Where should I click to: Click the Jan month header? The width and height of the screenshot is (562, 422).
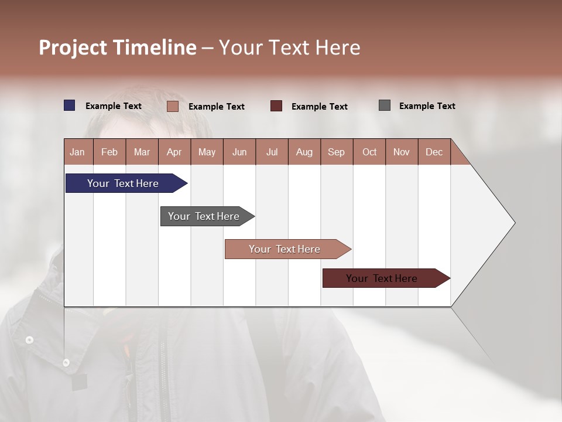(x=78, y=152)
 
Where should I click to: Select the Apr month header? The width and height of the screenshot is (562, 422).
(x=174, y=152)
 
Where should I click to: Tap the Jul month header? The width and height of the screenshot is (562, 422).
(x=272, y=152)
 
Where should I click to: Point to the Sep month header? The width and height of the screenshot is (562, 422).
(x=337, y=152)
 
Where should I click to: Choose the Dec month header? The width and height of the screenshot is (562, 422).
(x=434, y=152)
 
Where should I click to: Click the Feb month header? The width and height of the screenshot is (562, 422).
(x=109, y=152)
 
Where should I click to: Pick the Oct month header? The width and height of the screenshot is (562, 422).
(x=369, y=152)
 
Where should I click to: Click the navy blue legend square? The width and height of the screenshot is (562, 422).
(x=69, y=105)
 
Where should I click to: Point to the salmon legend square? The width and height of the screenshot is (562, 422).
(x=172, y=106)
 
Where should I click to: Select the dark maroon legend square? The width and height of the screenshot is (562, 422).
(x=276, y=106)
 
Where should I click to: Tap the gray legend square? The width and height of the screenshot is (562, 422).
(x=384, y=105)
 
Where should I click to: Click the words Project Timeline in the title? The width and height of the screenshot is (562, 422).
(x=117, y=47)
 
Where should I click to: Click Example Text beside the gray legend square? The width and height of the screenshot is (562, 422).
(x=427, y=106)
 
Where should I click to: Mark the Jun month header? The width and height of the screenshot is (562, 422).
(x=239, y=152)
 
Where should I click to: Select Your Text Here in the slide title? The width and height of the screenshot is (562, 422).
(x=289, y=47)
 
